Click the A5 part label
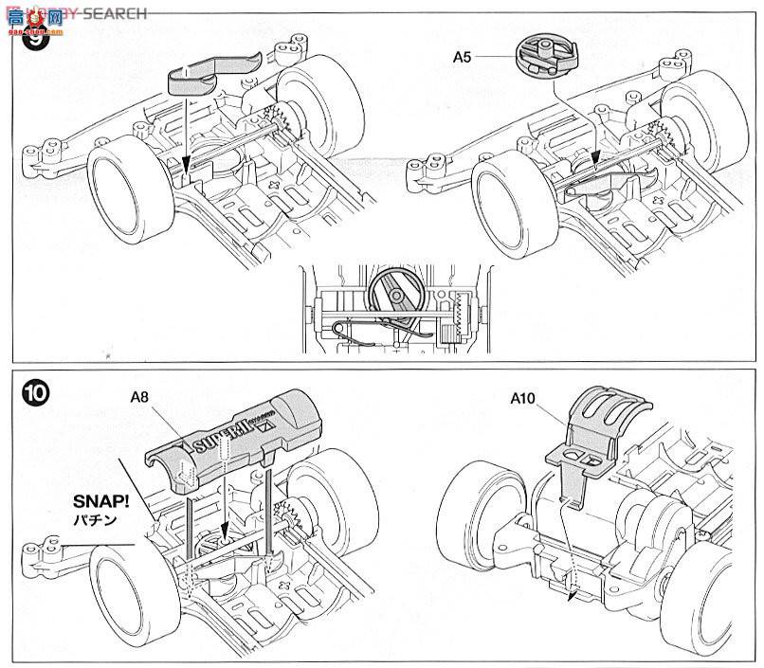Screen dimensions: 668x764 [x=462, y=58]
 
